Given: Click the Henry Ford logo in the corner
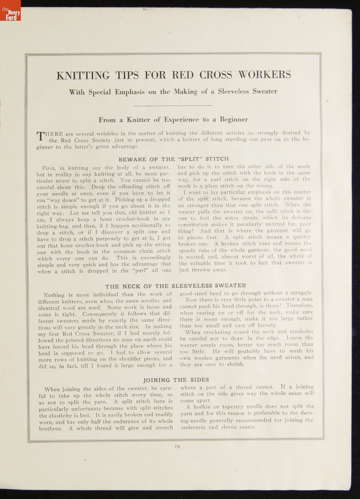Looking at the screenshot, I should pyautogui.click(x=10, y=10).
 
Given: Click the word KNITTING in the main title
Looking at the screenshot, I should pyautogui.click(x=83, y=75).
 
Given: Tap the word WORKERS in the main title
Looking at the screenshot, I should pyautogui.click(x=264, y=75).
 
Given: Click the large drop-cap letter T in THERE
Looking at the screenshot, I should pyautogui.click(x=41, y=136).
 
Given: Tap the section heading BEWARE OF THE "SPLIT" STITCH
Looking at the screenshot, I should pyautogui.click(x=173, y=159).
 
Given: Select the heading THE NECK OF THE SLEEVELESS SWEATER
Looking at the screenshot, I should pyautogui.click(x=175, y=286).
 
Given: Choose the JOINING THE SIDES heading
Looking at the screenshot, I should pyautogui.click(x=176, y=380).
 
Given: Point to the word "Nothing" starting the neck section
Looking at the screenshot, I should pyautogui.click(x=54, y=295).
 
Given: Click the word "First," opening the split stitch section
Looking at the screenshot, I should pyautogui.click(x=51, y=168).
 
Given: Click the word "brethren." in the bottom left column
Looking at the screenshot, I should pyautogui.click(x=52, y=428).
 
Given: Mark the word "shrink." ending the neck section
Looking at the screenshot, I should pyautogui.click(x=235, y=365).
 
